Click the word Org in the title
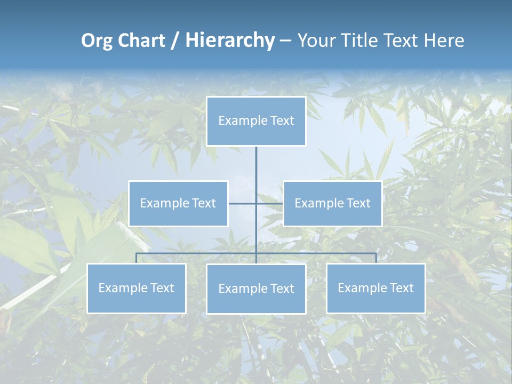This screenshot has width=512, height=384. point(98,41)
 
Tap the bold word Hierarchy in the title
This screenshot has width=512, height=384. point(230,41)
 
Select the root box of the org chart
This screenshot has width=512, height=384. point(256,121)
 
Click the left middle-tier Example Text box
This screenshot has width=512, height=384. point(178,203)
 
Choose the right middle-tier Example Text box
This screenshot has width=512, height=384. point(333,203)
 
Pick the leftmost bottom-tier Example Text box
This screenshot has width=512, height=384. point(137,288)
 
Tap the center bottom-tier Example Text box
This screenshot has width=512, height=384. point(256,289)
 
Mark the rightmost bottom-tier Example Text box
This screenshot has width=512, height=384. point(376,288)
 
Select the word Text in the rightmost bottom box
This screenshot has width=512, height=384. point(401,288)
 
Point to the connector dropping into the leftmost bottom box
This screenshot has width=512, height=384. point(137,258)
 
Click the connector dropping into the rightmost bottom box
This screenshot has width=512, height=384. point(376,258)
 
